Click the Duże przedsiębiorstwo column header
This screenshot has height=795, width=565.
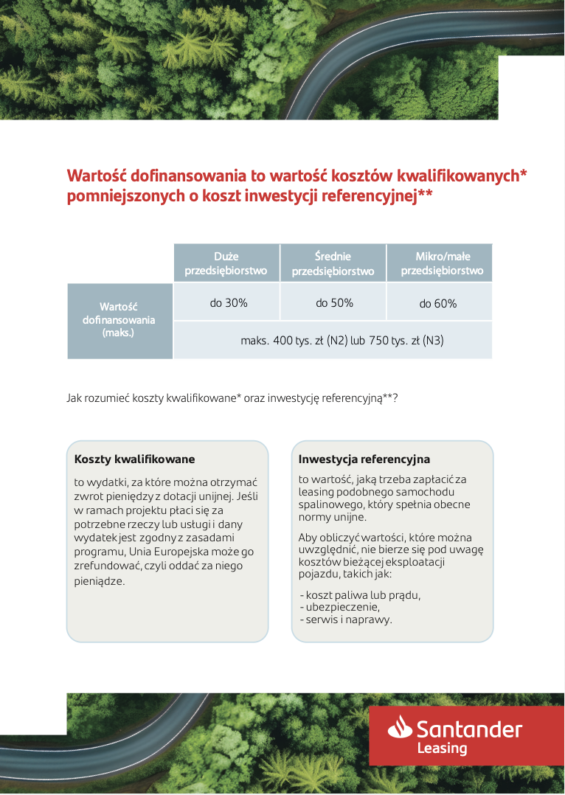(226, 263)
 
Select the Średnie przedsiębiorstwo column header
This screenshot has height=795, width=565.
(333, 263)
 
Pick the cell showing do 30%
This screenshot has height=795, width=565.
(229, 303)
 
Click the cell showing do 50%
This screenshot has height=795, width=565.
(334, 303)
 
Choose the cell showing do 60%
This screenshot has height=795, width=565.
(438, 304)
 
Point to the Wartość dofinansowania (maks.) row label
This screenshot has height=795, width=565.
(119, 320)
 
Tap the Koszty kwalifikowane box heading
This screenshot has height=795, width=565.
(134, 459)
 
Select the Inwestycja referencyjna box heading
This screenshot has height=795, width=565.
(364, 459)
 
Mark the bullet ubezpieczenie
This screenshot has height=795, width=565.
(342, 607)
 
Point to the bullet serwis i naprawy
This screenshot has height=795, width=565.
(347, 619)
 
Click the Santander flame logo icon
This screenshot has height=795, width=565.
(400, 728)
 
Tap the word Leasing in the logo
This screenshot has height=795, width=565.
(443, 749)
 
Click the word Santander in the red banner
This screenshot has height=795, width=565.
(469, 729)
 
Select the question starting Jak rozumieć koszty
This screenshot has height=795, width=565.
(232, 398)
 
